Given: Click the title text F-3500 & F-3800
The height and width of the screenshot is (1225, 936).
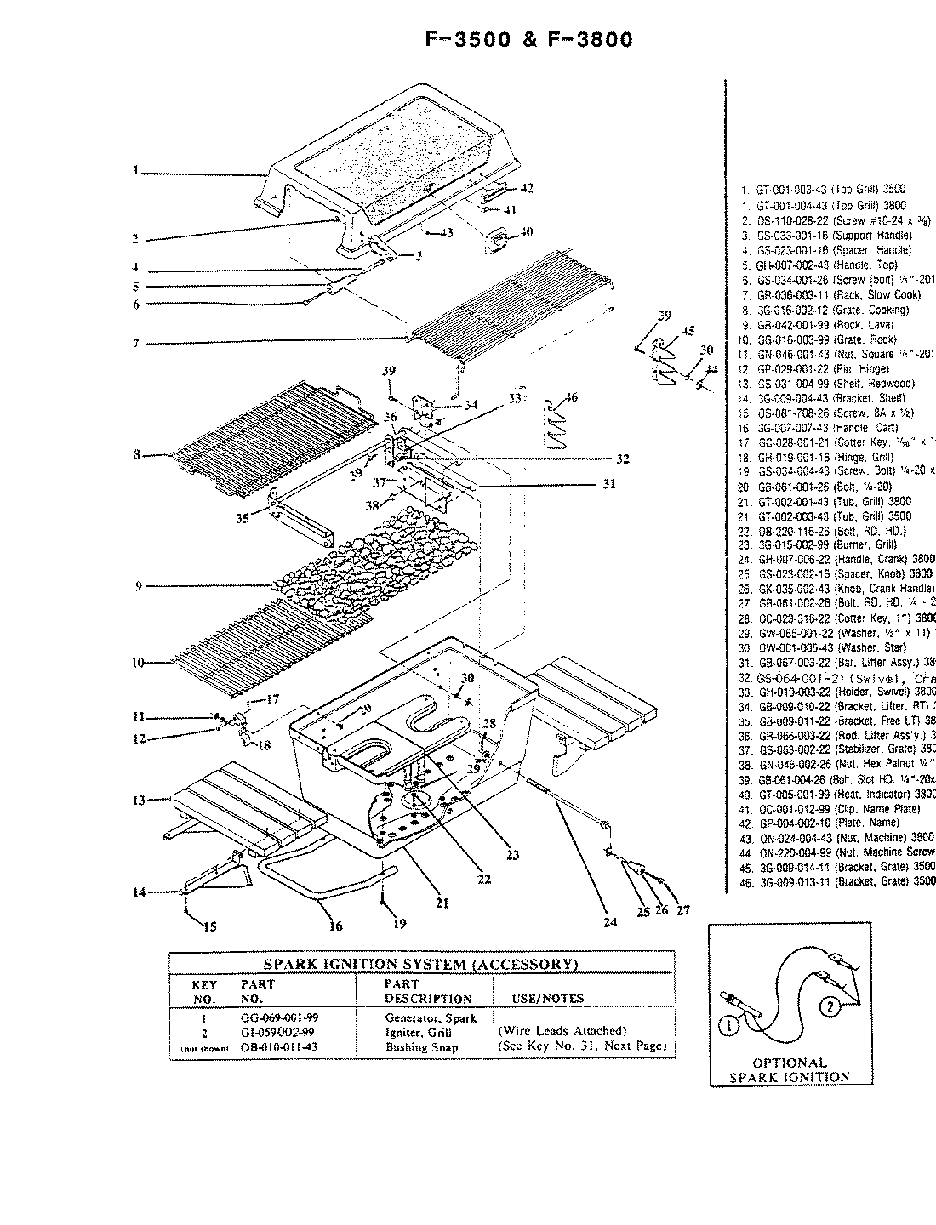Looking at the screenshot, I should tap(528, 40).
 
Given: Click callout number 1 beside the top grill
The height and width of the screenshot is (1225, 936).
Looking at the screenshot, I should tap(135, 170).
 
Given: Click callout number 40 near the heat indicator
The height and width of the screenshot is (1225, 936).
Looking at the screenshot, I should tap(527, 231).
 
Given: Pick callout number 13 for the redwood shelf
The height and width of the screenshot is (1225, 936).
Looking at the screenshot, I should tap(138, 800).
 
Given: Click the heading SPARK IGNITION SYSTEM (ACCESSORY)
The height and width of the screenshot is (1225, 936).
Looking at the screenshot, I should tap(421, 964).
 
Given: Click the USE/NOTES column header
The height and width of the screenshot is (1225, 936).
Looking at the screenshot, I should tap(547, 999).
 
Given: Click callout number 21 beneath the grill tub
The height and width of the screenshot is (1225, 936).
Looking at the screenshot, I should tap(442, 903).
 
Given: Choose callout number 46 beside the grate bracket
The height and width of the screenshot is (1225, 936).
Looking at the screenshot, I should tap(571, 396).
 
